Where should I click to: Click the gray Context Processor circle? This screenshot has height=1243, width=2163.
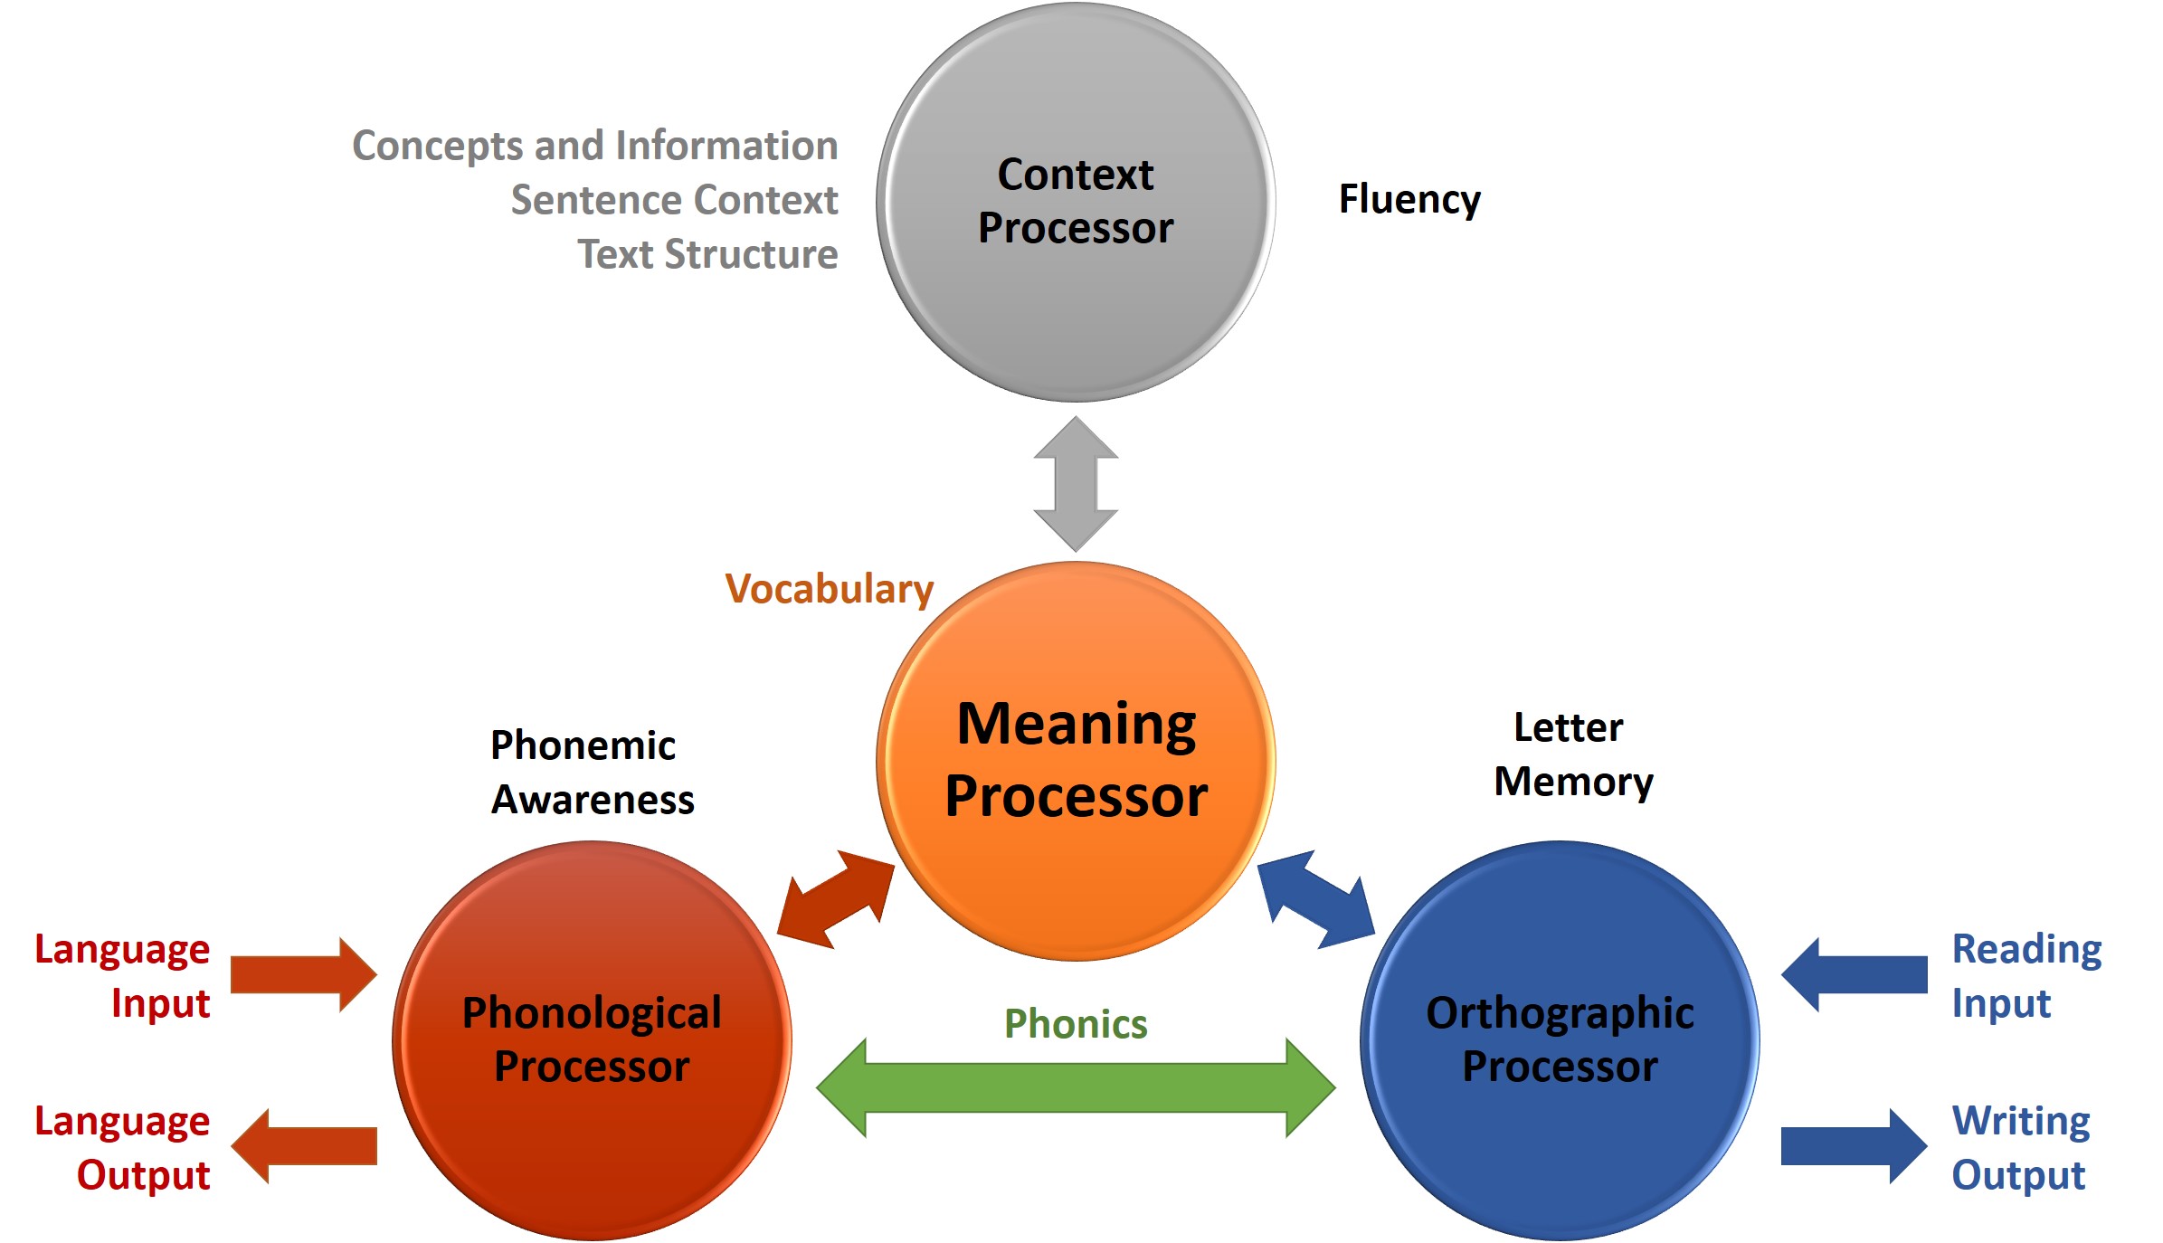click(1076, 202)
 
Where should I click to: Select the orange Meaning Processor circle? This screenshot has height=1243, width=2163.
click(1076, 761)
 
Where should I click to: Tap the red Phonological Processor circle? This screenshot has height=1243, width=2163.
click(593, 1040)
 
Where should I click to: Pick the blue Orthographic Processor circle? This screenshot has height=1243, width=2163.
click(1560, 1040)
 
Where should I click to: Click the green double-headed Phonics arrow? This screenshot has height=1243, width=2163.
click(1076, 1087)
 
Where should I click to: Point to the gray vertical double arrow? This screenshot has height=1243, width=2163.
click(1076, 484)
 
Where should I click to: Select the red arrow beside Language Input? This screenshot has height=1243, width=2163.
click(304, 974)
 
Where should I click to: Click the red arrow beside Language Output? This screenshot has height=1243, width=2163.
click(304, 1146)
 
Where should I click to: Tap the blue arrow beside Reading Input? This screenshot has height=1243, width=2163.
click(1854, 974)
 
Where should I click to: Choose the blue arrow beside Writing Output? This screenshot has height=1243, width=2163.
click(1854, 1146)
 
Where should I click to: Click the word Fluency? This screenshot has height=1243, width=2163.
click(1409, 200)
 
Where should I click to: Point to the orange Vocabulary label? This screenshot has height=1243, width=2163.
click(830, 590)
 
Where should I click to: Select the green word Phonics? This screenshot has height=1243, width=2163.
click(1076, 1024)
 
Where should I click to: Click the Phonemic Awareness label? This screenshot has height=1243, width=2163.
click(593, 773)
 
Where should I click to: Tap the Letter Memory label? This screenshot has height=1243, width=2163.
click(1573, 754)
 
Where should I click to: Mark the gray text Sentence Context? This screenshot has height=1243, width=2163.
click(675, 200)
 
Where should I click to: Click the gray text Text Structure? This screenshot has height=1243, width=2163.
click(708, 254)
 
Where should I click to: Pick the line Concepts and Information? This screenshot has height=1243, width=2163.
click(595, 146)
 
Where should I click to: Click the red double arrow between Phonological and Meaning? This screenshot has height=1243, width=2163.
click(835, 899)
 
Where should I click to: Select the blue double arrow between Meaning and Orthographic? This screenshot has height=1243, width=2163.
click(1316, 899)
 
